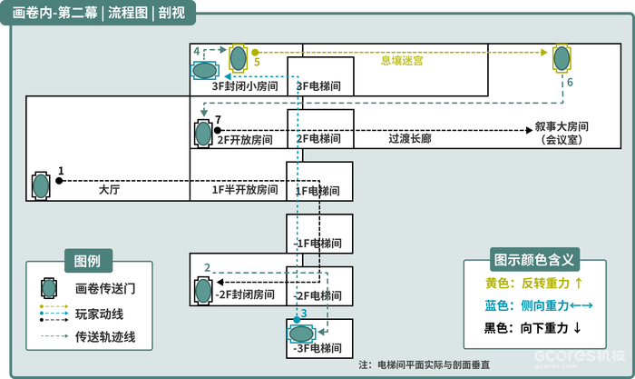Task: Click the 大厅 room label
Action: point(109,189)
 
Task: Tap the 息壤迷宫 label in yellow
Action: point(402,61)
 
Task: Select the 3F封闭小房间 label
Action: point(245,86)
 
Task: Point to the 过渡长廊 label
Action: point(410,139)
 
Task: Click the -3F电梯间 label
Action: point(317,348)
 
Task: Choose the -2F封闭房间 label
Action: point(245,294)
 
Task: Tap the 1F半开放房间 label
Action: point(245,189)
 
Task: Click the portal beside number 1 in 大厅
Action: point(41,185)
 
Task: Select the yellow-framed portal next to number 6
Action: point(562,58)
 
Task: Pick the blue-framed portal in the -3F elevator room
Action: point(300,334)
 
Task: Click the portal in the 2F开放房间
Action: point(203,133)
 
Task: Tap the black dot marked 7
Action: point(218,130)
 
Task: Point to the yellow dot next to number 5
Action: point(255,53)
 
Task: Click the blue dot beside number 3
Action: point(297,320)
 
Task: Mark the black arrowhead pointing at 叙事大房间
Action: point(529,130)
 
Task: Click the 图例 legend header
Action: point(88,261)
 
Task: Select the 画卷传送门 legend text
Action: point(105,288)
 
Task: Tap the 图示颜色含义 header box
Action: point(534,259)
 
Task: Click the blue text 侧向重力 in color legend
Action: point(545,305)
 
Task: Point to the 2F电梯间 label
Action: point(318,139)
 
